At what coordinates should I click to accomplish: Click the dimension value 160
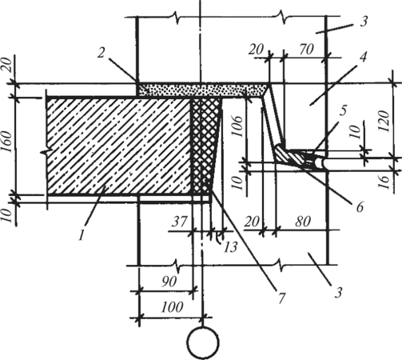click(x=8, y=142)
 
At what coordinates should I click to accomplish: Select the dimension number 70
click(x=306, y=50)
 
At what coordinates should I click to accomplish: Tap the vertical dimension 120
click(x=384, y=121)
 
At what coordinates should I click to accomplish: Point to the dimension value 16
click(x=385, y=182)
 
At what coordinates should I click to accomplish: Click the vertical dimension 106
click(x=237, y=126)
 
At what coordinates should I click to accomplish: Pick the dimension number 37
click(x=180, y=222)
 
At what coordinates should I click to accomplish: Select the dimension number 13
click(x=230, y=247)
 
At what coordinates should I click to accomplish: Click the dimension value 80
click(x=303, y=222)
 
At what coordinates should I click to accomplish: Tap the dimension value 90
click(x=169, y=282)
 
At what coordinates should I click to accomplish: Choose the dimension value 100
click(x=172, y=306)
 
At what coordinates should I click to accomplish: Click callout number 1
click(x=82, y=235)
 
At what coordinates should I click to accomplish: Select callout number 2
click(x=101, y=53)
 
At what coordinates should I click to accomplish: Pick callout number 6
click(x=360, y=207)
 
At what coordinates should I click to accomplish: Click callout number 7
click(x=282, y=298)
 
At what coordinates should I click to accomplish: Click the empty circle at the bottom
click(x=203, y=342)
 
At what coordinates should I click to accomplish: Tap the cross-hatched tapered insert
click(x=205, y=146)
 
